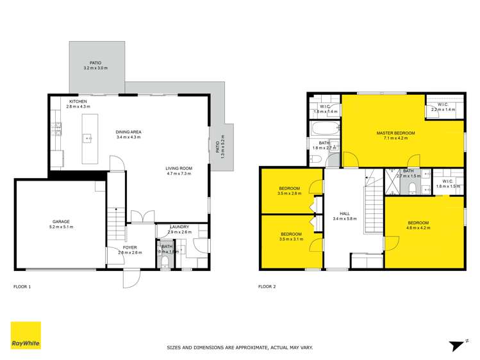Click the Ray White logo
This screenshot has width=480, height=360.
pos(26,335)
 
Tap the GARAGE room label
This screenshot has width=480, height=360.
pos(62,222)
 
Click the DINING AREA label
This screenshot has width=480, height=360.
pos(129,132)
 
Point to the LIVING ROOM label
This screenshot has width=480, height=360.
pos(179,168)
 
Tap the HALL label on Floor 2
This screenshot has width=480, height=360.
pos(345,214)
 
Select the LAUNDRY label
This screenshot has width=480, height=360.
pos(179,227)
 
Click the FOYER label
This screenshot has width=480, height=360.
pos(129,247)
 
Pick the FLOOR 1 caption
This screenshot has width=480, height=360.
pos(22,286)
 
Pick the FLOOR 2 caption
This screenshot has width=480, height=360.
pos(267,286)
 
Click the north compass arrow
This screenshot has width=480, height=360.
pos(457,345)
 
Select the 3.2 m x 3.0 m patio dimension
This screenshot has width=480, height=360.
pos(95,68)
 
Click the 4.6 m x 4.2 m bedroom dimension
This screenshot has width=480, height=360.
pos(418,227)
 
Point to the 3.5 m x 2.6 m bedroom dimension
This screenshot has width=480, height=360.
pos(289,193)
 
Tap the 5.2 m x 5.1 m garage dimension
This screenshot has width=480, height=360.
pos(62,227)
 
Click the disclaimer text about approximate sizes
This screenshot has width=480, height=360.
pos(240,347)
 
